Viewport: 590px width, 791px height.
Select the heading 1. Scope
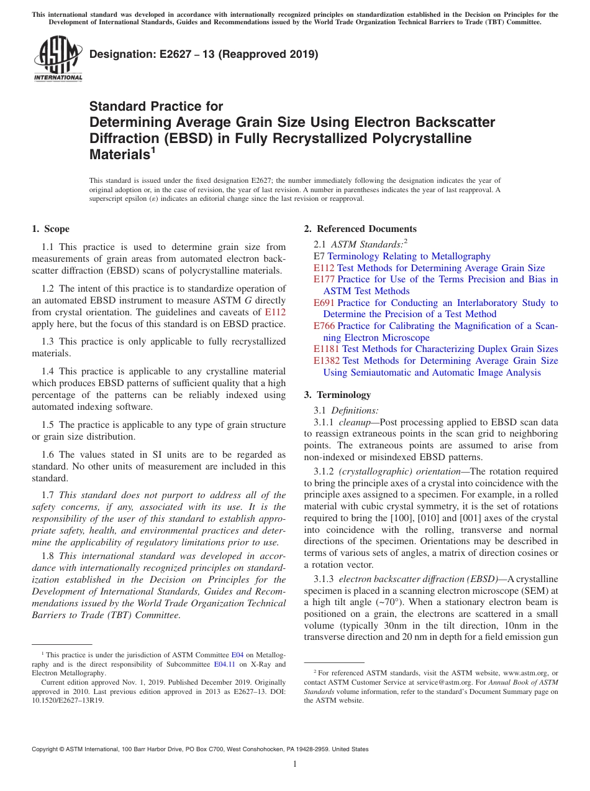click(x=50, y=229)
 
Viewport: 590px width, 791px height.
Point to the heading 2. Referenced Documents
click(x=360, y=229)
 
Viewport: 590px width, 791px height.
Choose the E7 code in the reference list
click(x=319, y=256)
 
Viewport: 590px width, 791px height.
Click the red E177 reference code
click(x=324, y=279)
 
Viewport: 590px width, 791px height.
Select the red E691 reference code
click(x=324, y=303)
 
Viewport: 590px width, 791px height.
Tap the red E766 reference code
click(x=324, y=326)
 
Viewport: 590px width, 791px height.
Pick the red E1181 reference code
click(x=327, y=349)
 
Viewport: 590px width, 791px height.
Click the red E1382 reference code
click(x=327, y=361)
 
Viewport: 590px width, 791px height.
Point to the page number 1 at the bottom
click(x=294, y=764)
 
